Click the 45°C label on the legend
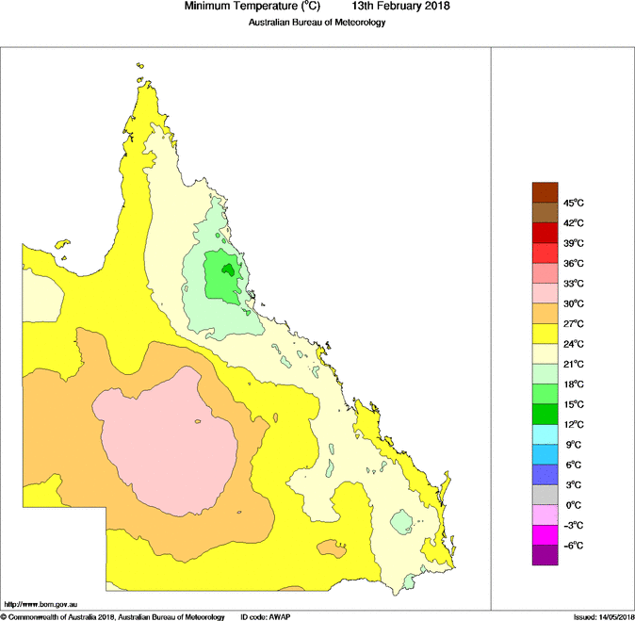click(574, 204)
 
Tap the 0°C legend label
click(573, 505)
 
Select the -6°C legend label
click(574, 546)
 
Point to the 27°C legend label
click(574, 323)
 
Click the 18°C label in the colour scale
click(574, 384)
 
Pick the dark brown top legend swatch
click(545, 193)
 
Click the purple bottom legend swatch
click(545, 555)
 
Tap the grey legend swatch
click(545, 495)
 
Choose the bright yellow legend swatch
click(545, 334)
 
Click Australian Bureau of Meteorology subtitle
click(317, 23)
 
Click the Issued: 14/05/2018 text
click(603, 616)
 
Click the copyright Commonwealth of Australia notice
click(113, 616)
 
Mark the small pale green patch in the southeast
click(403, 520)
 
